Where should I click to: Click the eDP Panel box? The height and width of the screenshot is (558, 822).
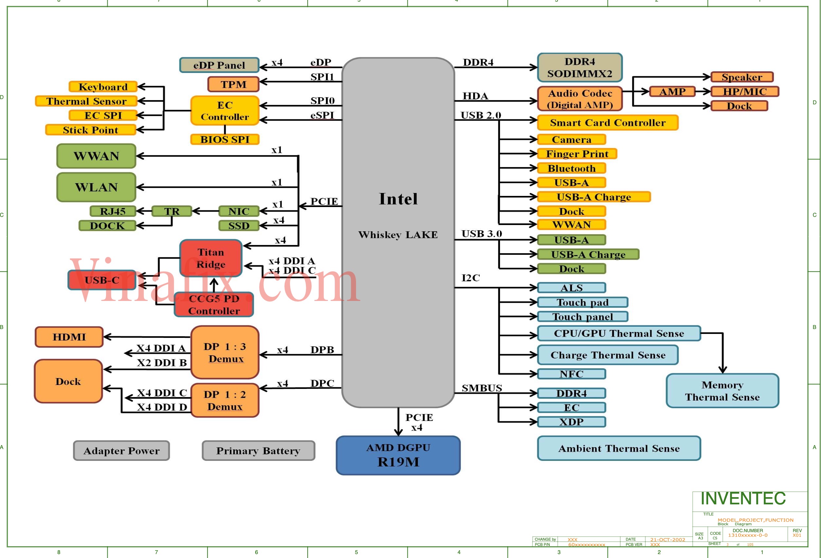click(x=219, y=65)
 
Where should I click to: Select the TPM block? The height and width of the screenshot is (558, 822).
click(x=233, y=84)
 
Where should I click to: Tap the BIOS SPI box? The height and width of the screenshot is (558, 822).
click(x=224, y=139)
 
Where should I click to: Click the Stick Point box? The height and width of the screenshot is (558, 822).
click(x=91, y=130)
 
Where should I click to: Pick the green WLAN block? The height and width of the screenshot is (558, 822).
click(x=96, y=187)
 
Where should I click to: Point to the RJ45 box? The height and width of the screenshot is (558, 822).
click(x=113, y=211)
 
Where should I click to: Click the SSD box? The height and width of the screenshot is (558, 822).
click(x=239, y=226)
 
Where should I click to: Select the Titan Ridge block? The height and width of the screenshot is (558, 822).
click(x=211, y=258)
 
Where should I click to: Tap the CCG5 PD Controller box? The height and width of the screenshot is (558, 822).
click(x=214, y=305)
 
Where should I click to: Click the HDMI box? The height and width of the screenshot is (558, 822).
click(x=69, y=337)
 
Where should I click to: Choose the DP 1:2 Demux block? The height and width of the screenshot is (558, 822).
click(x=225, y=400)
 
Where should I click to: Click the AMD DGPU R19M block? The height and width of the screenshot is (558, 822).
click(x=398, y=455)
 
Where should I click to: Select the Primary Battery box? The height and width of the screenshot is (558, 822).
click(x=258, y=450)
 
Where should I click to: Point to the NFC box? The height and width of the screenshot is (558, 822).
click(x=571, y=374)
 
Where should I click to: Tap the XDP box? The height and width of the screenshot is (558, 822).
click(x=571, y=422)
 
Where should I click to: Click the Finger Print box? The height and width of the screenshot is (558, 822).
click(x=577, y=154)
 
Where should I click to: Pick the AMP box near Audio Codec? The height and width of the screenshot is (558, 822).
click(x=672, y=92)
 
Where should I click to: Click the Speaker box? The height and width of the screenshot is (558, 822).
click(x=742, y=77)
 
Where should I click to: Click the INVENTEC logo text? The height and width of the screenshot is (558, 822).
click(x=743, y=498)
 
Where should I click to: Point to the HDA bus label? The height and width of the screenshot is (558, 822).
click(x=475, y=96)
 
